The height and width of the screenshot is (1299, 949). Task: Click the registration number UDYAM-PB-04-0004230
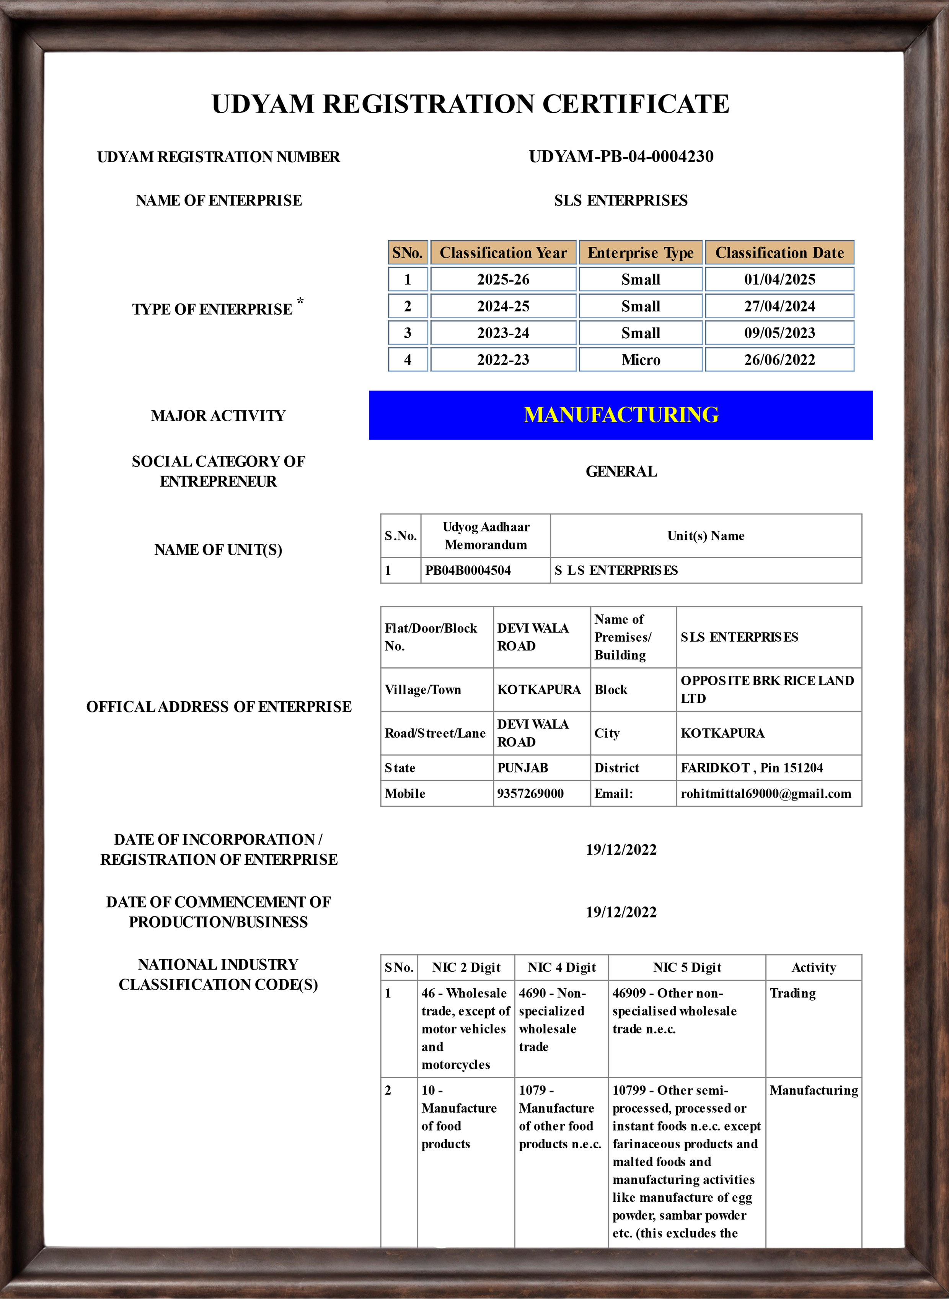tap(621, 156)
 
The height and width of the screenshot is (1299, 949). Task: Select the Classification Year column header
tap(503, 253)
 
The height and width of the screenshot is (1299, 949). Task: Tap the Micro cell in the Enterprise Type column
tap(641, 360)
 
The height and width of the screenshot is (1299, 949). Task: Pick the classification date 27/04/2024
tap(779, 306)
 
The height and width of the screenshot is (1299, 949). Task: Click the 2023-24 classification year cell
tap(503, 333)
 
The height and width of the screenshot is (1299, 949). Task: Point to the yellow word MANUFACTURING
tap(621, 415)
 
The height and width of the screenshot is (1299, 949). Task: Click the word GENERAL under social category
tap(621, 471)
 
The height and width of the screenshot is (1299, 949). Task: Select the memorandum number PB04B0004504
tap(468, 570)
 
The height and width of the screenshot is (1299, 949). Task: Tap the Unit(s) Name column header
tap(705, 536)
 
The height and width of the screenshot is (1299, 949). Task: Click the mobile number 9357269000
tap(530, 794)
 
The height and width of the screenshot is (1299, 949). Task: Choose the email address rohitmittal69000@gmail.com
tap(766, 794)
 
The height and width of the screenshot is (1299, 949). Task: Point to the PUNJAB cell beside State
tap(523, 768)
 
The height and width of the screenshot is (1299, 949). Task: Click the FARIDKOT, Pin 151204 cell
tap(752, 768)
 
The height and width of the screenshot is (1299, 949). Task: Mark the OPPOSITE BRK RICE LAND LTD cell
tap(767, 689)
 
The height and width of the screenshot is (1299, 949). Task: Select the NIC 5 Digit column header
tap(687, 968)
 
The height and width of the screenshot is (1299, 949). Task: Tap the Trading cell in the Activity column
tap(793, 994)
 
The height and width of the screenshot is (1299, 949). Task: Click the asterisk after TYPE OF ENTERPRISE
tap(300, 301)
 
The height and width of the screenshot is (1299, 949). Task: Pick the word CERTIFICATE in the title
tap(636, 104)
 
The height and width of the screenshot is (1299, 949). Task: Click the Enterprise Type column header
tap(641, 253)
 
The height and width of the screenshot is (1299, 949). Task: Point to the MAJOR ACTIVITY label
tap(218, 416)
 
